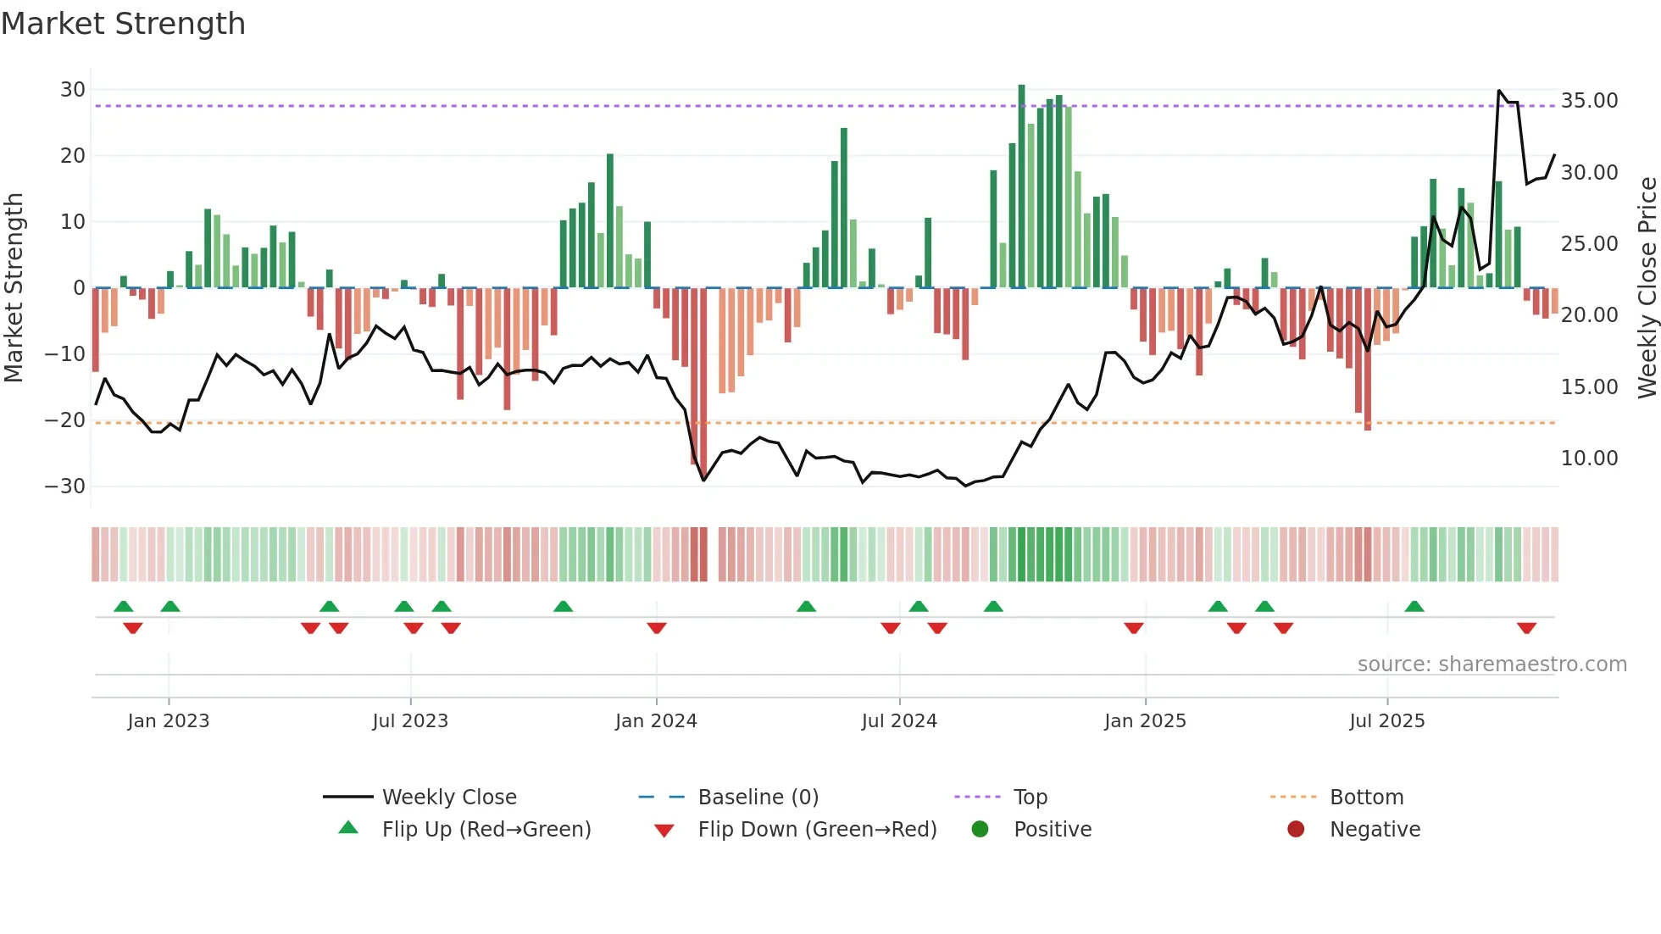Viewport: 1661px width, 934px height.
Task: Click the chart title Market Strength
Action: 123,24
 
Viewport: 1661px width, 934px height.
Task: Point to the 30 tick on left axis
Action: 73,90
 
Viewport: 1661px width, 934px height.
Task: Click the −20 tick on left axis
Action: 65,420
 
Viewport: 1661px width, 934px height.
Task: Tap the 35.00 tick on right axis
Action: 1589,101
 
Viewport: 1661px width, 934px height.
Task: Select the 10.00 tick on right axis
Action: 1589,459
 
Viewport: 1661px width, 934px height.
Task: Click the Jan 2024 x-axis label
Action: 656,721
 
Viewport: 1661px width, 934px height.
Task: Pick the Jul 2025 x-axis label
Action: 1386,721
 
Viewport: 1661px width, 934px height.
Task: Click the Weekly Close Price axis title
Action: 1647,288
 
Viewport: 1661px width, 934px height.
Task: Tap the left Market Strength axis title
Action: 14,288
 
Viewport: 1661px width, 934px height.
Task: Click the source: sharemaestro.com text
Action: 1492,664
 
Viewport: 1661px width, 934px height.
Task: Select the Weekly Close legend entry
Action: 448,798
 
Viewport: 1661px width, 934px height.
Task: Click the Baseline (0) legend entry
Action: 758,798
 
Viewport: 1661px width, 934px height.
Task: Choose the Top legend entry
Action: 1030,798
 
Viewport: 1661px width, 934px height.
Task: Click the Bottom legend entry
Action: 1366,798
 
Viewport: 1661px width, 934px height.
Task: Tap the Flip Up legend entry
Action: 486,830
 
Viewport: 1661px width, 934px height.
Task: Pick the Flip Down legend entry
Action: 816,830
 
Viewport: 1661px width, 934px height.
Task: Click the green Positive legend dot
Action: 980,830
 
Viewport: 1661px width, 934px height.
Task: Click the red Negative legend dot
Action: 1296,830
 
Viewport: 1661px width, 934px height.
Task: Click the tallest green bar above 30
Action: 1021,186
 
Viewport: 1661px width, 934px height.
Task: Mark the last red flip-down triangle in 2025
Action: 1526,628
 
